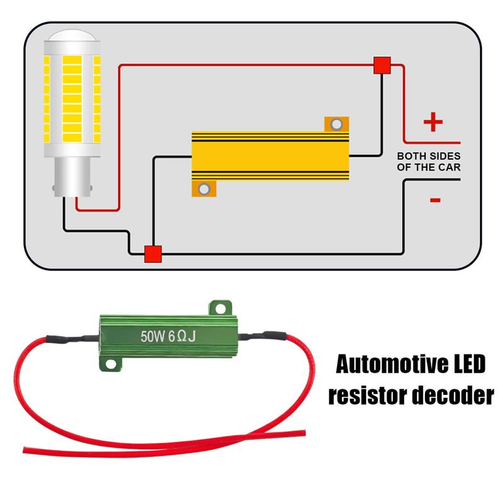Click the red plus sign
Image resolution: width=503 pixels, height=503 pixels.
(433, 123)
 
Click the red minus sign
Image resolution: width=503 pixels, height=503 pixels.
(434, 200)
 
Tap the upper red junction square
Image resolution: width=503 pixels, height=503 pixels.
(382, 65)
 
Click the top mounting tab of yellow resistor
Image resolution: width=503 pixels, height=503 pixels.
(336, 124)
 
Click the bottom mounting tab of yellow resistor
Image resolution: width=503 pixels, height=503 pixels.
(204, 188)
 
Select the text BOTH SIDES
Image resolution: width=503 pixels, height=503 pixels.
(428, 155)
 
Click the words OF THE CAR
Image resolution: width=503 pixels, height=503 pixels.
(428, 167)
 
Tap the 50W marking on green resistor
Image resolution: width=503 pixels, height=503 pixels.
(153, 337)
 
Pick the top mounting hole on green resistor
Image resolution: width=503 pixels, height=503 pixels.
(219, 307)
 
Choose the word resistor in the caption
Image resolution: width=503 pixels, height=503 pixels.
(364, 396)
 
